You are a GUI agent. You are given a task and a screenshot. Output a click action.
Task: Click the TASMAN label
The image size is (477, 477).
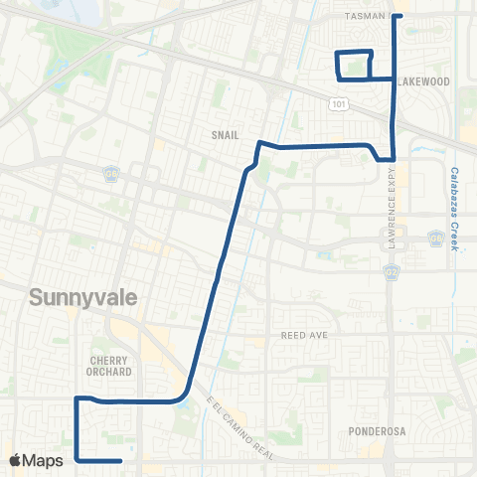[370, 17]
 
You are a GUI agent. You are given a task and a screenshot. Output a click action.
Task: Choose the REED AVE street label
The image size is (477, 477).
[304, 336]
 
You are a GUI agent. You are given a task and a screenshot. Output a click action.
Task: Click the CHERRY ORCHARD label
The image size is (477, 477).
[110, 366]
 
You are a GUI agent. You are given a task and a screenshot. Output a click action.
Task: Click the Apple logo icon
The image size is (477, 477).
[15, 460]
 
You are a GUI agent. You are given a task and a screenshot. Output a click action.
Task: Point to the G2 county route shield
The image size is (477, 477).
[392, 269]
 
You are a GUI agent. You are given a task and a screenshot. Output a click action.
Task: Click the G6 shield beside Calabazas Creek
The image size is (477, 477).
[435, 238]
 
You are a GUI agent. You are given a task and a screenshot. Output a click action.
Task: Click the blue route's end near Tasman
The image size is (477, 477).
[396, 16]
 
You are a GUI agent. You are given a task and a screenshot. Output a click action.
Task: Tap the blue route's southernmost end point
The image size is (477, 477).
[120, 461]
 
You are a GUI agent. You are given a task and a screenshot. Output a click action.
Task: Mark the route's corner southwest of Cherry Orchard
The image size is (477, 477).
[77, 399]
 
